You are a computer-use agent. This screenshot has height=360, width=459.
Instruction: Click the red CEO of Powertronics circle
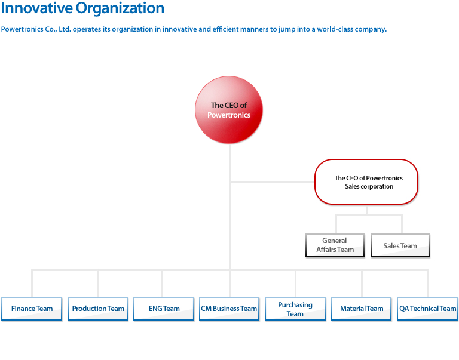tap(229, 110)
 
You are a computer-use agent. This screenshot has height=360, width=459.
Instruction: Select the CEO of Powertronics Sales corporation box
tap(366, 182)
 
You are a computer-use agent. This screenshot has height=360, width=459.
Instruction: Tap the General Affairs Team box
tap(335, 245)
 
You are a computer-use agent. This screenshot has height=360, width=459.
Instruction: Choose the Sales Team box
tap(400, 245)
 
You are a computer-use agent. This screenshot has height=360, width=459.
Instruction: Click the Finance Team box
tap(32, 309)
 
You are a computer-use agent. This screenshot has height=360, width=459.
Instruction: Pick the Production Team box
tap(98, 309)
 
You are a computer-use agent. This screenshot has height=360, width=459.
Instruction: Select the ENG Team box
tap(164, 309)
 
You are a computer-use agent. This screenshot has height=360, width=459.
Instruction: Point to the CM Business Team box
tap(229, 309)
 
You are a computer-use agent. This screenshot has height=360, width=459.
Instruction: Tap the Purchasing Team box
tap(295, 309)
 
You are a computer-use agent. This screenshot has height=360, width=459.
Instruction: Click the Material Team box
tap(362, 309)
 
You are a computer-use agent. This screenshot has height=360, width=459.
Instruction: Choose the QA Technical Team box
tap(427, 309)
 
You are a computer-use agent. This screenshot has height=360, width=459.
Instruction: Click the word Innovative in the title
tap(37, 8)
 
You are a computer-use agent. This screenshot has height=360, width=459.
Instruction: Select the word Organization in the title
tap(120, 8)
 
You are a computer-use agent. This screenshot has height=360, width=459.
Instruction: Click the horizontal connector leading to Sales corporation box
tap(273, 182)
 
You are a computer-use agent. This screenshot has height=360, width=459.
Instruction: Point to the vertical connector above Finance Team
tap(32, 284)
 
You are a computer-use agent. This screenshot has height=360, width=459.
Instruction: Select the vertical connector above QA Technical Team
tap(428, 284)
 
